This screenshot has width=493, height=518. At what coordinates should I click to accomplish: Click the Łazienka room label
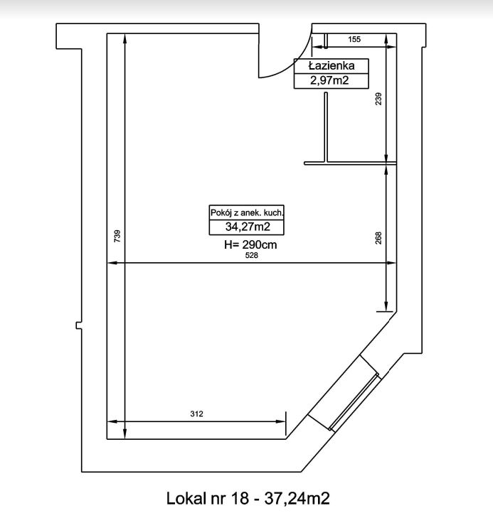click(x=332, y=66)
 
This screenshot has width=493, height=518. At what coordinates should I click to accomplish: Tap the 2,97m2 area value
click(x=329, y=80)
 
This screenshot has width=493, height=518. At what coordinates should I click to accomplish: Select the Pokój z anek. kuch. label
click(x=247, y=212)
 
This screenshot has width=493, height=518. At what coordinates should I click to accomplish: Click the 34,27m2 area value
click(x=248, y=227)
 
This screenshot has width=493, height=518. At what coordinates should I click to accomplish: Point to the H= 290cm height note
click(x=250, y=245)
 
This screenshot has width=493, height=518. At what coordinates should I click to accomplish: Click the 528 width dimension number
click(x=251, y=255)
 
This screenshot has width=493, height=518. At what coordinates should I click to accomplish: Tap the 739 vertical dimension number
click(x=117, y=237)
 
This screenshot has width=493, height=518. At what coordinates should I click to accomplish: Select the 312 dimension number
click(x=196, y=414)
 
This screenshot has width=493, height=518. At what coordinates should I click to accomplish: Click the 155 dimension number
click(x=354, y=39)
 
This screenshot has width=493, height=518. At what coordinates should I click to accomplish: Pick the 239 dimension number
click(x=378, y=99)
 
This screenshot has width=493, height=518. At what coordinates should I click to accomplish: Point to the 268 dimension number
click(x=378, y=238)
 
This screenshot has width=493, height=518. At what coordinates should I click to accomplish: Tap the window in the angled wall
click(x=354, y=402)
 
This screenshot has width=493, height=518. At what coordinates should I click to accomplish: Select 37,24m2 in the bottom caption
click(x=297, y=499)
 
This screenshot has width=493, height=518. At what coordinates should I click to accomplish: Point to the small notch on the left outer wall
click(x=79, y=325)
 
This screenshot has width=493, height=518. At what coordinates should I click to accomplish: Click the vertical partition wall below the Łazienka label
click(x=326, y=127)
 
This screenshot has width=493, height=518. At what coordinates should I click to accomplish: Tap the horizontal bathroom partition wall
click(x=350, y=163)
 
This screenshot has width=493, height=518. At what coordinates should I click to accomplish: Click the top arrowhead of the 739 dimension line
click(x=124, y=38)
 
